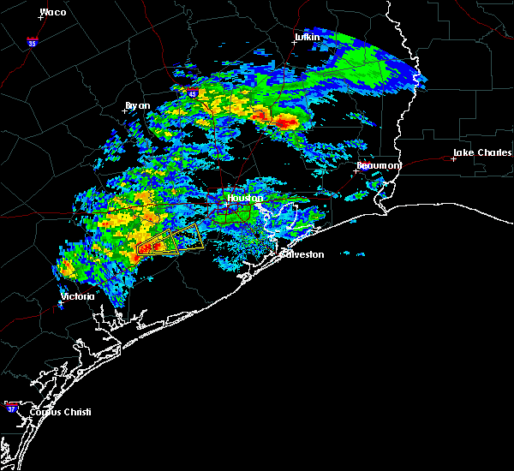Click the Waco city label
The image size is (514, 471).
pyautogui.click(x=53, y=12)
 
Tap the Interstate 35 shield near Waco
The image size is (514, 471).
pyautogui.click(x=31, y=40)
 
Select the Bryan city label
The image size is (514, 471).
pyautogui.click(x=137, y=105)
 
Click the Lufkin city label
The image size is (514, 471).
pyautogui.click(x=306, y=37)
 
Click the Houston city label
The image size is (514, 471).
pyautogui.click(x=242, y=198)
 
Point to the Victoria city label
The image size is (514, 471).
pyautogui.click(x=76, y=297)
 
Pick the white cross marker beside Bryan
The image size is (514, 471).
pyautogui.click(x=125, y=110)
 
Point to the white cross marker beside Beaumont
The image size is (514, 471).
pyautogui.click(x=356, y=170)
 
